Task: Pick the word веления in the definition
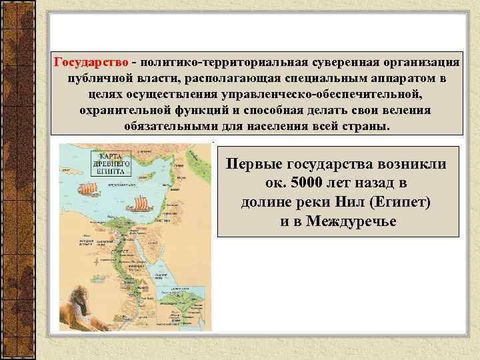click(x=409, y=111)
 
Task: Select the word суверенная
click(x=342, y=63)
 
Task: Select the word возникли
click(x=415, y=163)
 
